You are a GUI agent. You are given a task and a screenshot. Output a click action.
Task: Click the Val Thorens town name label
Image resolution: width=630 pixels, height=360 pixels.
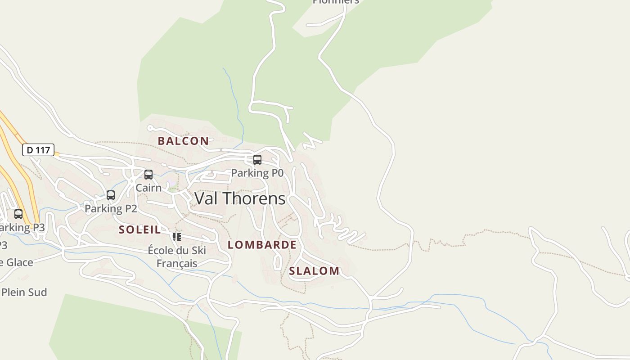(x=240, y=198)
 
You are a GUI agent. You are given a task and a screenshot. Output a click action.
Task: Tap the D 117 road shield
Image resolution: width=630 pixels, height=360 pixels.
(x=38, y=150)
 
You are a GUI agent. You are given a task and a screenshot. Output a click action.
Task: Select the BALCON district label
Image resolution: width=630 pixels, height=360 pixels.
(x=183, y=141)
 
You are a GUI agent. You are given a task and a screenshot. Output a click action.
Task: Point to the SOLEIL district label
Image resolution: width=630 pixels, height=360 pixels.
(x=139, y=229)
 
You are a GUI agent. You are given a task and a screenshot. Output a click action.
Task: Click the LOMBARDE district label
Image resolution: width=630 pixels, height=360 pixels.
(x=262, y=245)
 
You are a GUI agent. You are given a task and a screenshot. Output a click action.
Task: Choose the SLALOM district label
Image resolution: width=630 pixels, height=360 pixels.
(x=314, y=271)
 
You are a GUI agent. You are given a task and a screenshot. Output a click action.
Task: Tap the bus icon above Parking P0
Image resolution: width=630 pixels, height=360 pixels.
(x=257, y=160)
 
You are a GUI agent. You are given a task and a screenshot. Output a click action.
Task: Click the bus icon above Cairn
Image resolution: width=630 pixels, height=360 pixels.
(x=148, y=175)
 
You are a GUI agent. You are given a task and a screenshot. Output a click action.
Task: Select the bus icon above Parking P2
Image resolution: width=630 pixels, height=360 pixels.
(x=111, y=195)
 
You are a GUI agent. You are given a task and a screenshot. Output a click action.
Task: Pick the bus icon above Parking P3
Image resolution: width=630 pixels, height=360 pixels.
(x=18, y=214)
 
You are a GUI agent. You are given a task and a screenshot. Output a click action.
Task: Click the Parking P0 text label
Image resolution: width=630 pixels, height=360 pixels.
(x=257, y=173)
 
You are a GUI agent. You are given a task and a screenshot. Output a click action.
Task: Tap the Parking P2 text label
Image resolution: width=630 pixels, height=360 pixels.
(x=111, y=208)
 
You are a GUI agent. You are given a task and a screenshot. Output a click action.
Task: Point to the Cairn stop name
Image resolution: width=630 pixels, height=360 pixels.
(x=148, y=188)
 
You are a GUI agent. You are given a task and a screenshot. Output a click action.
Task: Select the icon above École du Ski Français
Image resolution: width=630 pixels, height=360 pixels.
(x=177, y=237)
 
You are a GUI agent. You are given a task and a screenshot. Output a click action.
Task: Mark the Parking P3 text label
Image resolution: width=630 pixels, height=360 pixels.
(x=22, y=227)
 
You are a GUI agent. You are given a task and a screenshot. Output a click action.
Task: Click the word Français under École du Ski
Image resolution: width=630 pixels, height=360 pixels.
(x=177, y=263)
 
